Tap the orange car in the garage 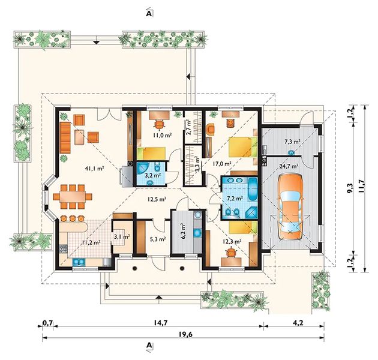[290, 206]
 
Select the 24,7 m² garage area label [289, 166]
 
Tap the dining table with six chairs [73, 197]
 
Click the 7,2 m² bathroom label [235, 199]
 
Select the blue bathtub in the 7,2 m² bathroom [253, 189]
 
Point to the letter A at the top [149, 14]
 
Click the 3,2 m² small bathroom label [153, 175]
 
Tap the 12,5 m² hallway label [157, 199]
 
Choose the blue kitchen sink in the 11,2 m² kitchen [79, 262]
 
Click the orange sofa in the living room [65, 137]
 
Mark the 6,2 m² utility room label [183, 231]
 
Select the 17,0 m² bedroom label [222, 164]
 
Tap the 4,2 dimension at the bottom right [298, 322]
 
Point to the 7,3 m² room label [292, 142]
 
